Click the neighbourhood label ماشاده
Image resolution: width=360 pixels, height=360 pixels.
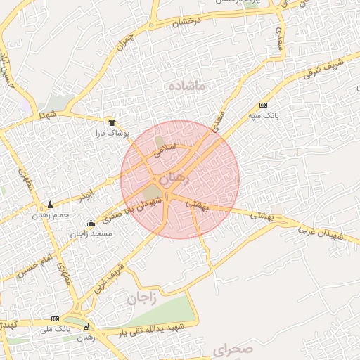pos(186,86)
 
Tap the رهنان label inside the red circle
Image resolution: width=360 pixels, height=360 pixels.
pos(175,180)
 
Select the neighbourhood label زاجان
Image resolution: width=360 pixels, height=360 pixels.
pos(141,298)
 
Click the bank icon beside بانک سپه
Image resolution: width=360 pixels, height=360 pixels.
pos(263,104)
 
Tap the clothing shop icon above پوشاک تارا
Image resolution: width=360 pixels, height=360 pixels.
pos(110,122)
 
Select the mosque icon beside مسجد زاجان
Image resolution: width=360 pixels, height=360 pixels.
pos(90,224)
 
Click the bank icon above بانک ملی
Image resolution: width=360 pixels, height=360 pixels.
pos(55,319)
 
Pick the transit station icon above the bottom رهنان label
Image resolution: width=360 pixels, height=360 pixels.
pos(86,326)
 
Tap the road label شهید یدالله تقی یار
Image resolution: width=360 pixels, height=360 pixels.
pos(151,328)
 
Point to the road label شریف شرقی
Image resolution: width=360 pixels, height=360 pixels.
pos(326,65)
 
